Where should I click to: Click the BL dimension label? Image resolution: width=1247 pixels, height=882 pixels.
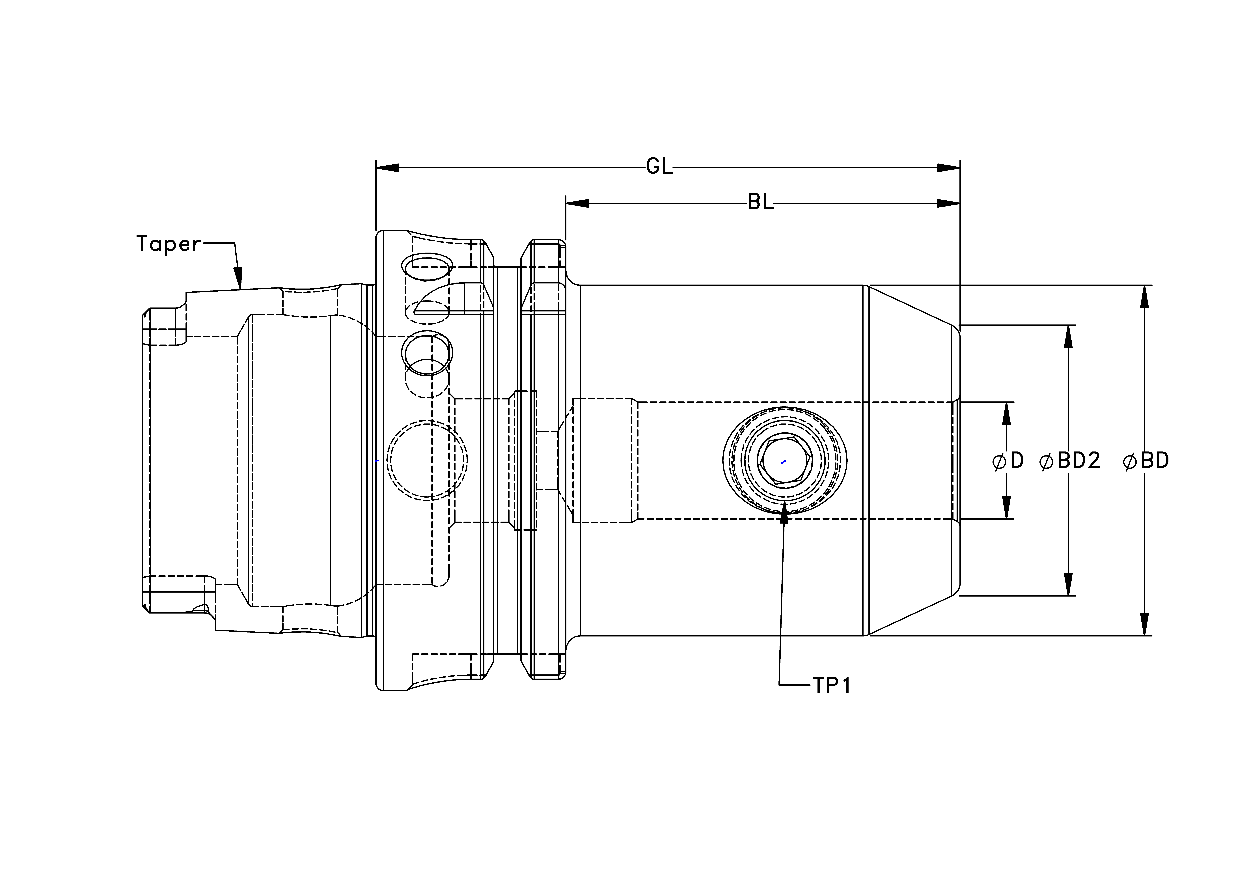coord(760,203)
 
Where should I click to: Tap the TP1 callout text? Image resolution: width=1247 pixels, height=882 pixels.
coord(832,686)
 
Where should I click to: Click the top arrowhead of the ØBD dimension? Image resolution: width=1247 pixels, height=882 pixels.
coord(1144,296)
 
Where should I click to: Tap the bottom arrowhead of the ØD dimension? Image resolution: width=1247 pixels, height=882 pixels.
coord(1006,507)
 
